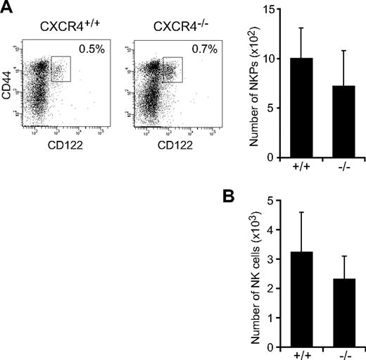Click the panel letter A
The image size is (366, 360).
point(8,8)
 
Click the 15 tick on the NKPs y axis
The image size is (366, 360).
point(266,8)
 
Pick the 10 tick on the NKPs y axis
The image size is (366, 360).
point(266,58)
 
